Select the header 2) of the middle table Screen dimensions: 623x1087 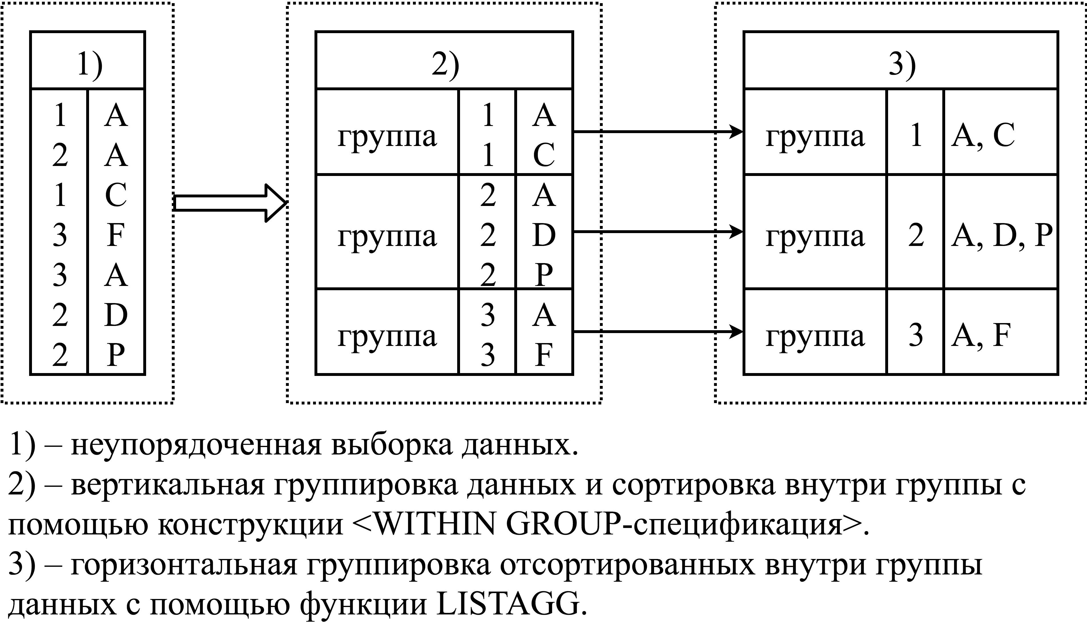(x=445, y=65)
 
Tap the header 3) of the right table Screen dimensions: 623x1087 (x=902, y=65)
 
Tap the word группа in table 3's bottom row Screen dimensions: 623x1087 (x=815, y=337)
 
